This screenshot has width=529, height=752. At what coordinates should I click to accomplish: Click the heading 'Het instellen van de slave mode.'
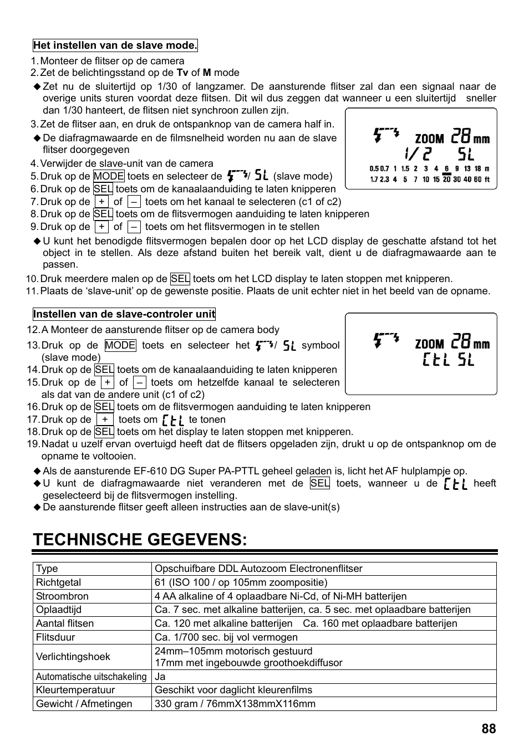tap(115, 45)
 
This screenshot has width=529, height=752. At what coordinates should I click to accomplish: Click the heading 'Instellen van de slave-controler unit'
tap(124, 314)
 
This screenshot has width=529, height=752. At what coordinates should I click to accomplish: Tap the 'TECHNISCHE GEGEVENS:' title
tap(140, 539)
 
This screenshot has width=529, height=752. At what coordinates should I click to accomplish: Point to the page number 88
tap(489, 729)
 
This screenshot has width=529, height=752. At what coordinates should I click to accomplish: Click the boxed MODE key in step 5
tap(109, 176)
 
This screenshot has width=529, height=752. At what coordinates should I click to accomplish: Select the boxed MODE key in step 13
tap(120, 345)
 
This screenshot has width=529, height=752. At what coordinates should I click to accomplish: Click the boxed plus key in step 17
tap(104, 420)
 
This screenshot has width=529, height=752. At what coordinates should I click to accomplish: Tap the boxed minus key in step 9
tap(134, 227)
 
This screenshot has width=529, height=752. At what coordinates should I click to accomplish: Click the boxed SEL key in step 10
tap(180, 279)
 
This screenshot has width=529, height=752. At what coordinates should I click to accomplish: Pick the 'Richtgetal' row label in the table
tap(58, 582)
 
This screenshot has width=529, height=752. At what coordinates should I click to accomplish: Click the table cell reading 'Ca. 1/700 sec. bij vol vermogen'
tap(226, 637)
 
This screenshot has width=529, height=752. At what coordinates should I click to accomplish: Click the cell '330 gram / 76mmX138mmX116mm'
tap(235, 704)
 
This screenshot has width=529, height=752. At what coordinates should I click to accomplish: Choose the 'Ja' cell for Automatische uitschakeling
tap(160, 677)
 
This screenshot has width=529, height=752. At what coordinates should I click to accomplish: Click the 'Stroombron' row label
tap(62, 596)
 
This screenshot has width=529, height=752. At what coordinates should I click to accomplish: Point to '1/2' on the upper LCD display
tap(417, 154)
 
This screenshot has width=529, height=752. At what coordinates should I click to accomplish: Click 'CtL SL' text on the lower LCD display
tap(448, 360)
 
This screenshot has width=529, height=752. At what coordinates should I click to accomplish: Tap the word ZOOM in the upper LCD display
tap(429, 139)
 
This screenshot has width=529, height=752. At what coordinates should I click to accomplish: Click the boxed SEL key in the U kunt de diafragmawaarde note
tap(319, 483)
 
